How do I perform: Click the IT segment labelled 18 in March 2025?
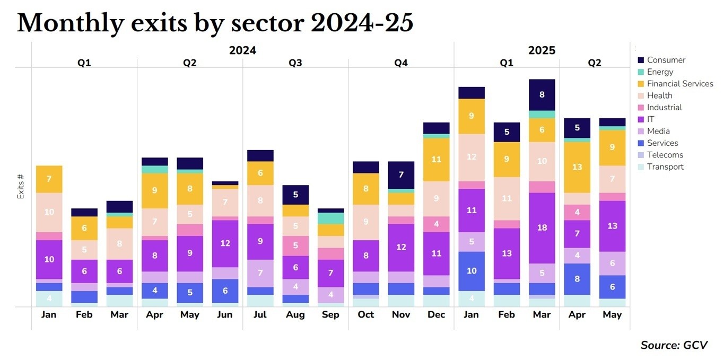click(x=542, y=228)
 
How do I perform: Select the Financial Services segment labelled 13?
click(x=577, y=167)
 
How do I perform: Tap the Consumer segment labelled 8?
click(x=542, y=95)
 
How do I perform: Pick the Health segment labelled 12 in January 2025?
click(x=472, y=157)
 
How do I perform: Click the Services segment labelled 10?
click(x=472, y=271)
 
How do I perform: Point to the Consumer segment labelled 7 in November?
click(x=401, y=175)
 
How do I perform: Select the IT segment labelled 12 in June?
click(x=225, y=243)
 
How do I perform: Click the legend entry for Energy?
click(x=660, y=72)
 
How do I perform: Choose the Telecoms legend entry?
click(x=665, y=155)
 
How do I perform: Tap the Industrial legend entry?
click(x=664, y=108)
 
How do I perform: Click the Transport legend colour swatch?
click(x=640, y=167)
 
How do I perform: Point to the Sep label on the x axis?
click(x=330, y=314)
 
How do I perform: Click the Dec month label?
click(x=436, y=314)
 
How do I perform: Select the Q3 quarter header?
click(x=295, y=63)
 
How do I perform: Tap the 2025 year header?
click(x=542, y=50)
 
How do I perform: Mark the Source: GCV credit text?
click(x=674, y=345)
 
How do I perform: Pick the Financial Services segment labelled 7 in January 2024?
click(x=49, y=179)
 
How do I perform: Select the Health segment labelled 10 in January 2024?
click(x=49, y=212)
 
